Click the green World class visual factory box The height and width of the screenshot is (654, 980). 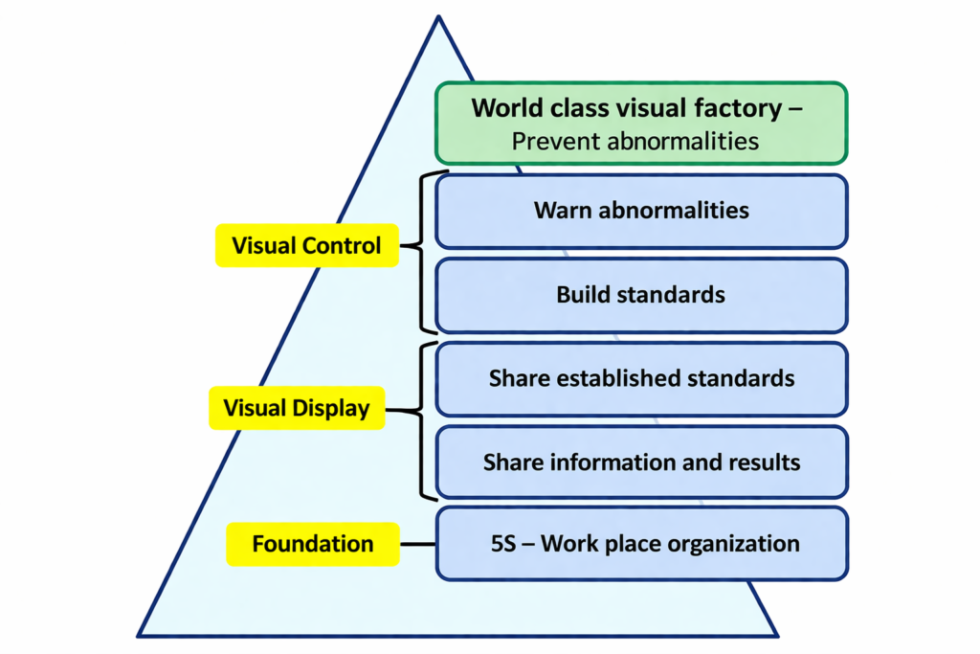pos(641,123)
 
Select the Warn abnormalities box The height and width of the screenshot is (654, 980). pos(641,211)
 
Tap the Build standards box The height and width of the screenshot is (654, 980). pos(641,295)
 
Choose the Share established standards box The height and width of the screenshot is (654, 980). pos(641,379)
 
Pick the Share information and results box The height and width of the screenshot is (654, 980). pos(641,463)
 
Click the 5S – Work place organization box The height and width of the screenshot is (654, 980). pos(641,544)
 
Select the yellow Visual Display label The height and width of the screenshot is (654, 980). pos(297,409)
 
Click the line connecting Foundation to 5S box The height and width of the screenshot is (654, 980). pos(418,544)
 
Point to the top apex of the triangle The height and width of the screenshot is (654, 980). pos(438,18)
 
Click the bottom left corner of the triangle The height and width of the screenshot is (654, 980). pos(140,635)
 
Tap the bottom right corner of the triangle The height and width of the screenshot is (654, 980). pos(776,635)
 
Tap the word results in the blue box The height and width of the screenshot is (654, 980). pos(765,463)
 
